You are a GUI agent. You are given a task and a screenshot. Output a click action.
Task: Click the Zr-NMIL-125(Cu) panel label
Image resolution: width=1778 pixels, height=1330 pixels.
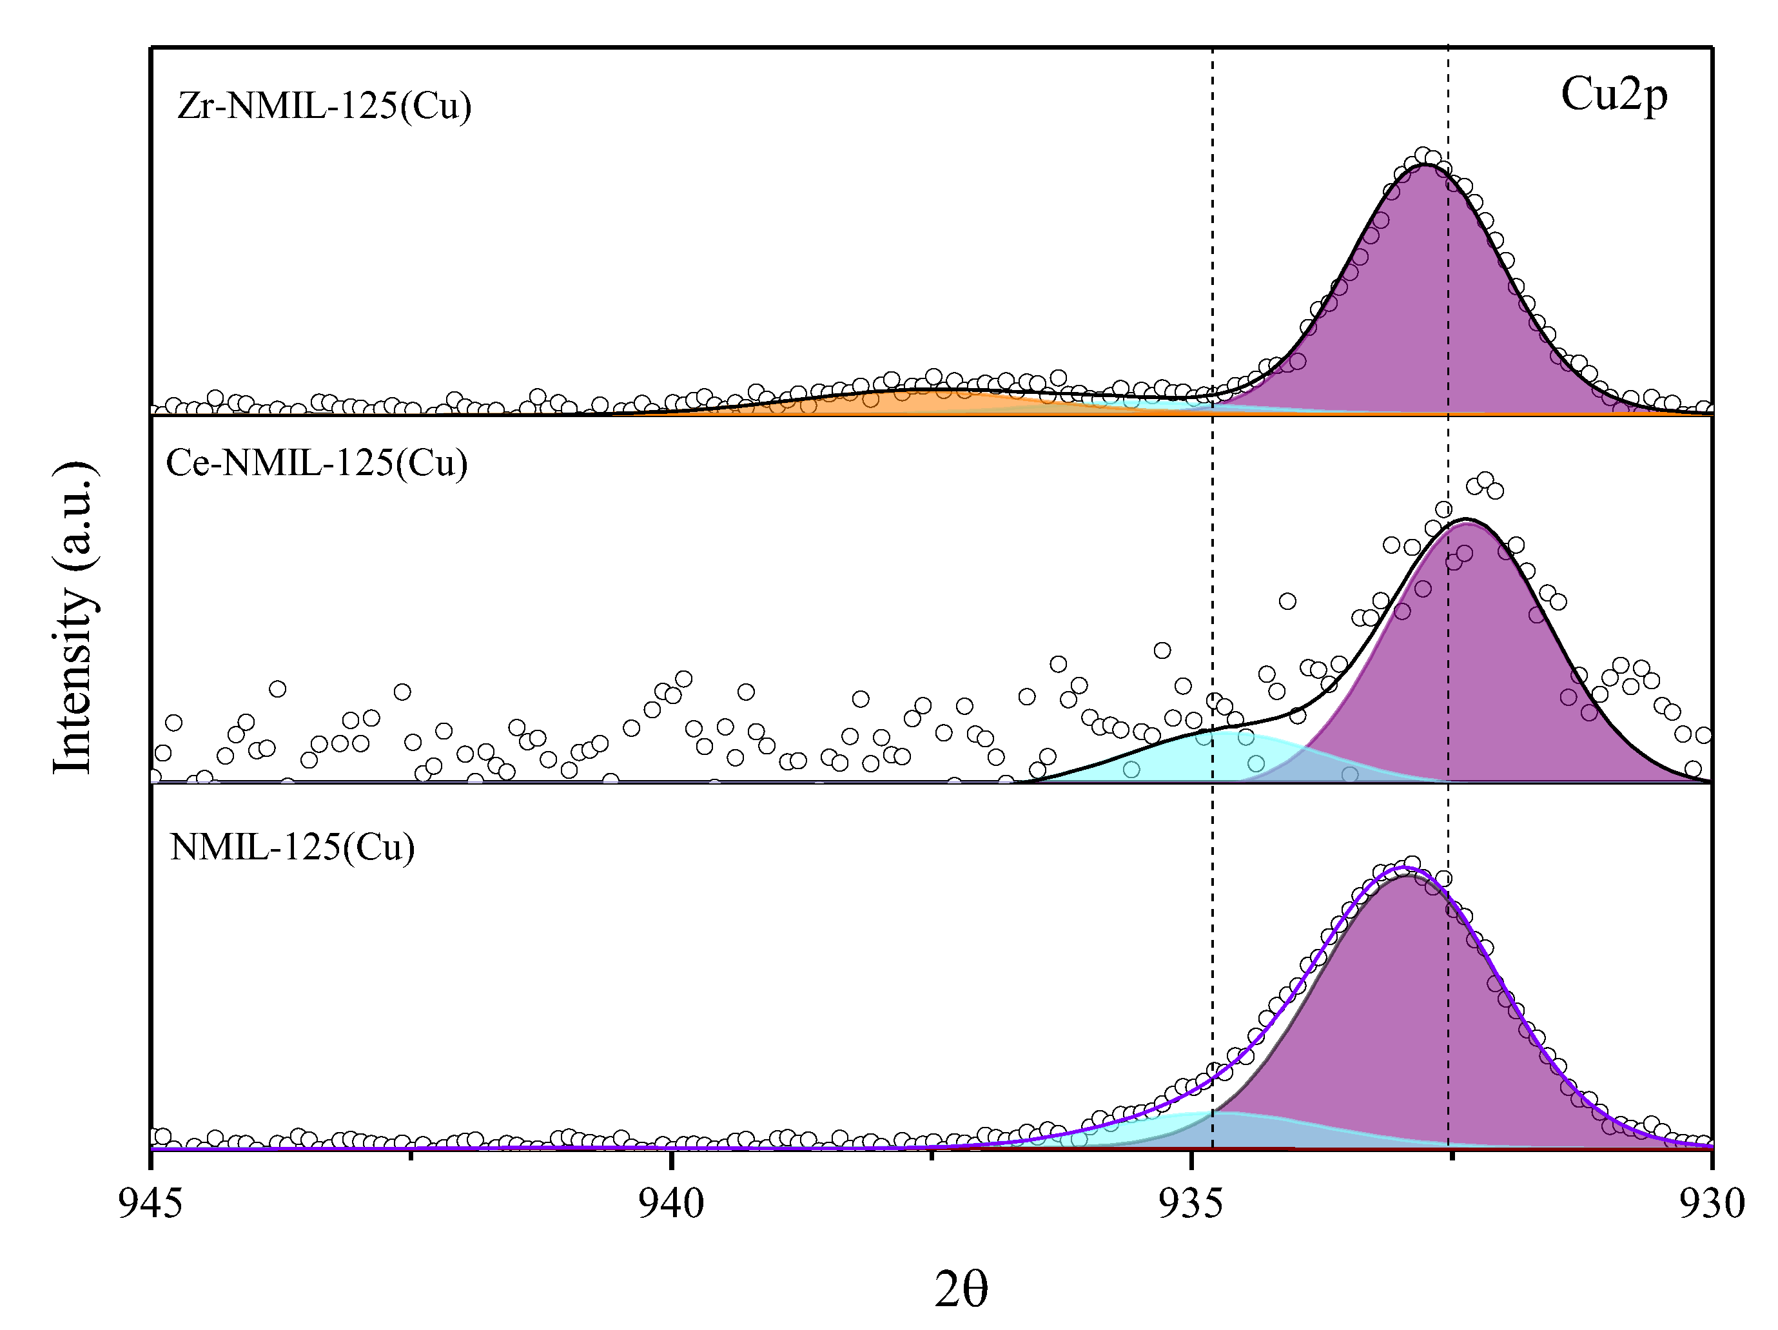pyautogui.click(x=324, y=106)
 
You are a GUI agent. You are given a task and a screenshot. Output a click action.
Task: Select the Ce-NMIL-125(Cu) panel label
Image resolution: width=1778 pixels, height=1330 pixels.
pyautogui.click(x=316, y=463)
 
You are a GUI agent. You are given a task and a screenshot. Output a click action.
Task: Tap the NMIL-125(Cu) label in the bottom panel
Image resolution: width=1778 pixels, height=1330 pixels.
pyautogui.click(x=293, y=847)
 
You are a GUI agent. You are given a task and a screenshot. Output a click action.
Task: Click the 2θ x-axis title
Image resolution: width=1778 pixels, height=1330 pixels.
pyautogui.click(x=961, y=1291)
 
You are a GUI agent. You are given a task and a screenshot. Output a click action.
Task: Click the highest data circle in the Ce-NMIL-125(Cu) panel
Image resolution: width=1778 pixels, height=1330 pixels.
pyautogui.click(x=1485, y=480)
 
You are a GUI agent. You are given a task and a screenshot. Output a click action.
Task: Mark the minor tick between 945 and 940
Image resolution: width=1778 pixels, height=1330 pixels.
pyautogui.click(x=411, y=1156)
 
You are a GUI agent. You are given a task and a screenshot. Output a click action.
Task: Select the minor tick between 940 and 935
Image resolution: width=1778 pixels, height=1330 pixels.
pyautogui.click(x=931, y=1156)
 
